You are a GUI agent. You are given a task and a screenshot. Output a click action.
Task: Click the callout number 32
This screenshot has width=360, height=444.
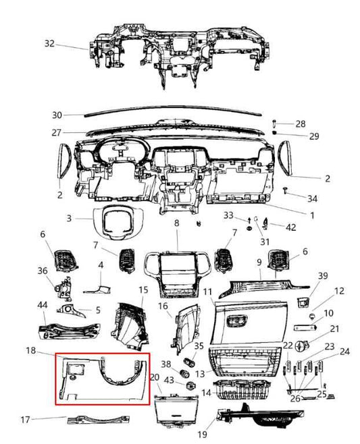50,43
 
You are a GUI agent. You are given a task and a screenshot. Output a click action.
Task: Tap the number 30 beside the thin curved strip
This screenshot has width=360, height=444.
57,114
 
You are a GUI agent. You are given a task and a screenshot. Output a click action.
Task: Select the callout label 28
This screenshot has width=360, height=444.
300,123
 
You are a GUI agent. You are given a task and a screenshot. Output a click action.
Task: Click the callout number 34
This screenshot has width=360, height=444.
311,198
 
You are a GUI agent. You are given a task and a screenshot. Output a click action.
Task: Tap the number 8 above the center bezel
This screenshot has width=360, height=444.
176,223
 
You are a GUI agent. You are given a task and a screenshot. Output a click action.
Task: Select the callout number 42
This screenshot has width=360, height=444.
290,227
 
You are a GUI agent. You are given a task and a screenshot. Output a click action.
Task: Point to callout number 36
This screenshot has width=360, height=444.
43,271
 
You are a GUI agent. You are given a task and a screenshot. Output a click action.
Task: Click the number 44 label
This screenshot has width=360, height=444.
43,305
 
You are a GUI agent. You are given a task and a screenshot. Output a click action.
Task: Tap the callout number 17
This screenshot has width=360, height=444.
24,420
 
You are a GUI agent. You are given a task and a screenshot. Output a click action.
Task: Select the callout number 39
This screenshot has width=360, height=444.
322,276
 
